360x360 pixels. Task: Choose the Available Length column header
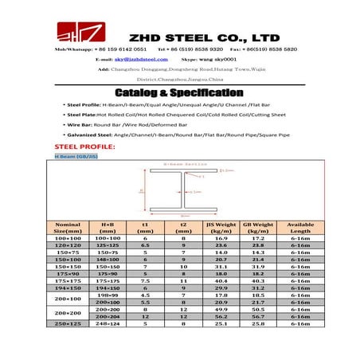pos(300,229)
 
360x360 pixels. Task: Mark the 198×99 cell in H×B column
pos(108,295)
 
